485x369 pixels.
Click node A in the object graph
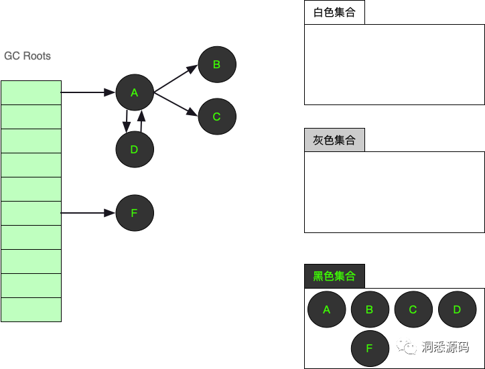pyautogui.click(x=135, y=93)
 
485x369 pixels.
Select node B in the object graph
pyautogui.click(x=216, y=65)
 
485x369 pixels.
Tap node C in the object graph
pyautogui.click(x=216, y=117)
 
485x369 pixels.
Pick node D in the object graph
pyautogui.click(x=135, y=149)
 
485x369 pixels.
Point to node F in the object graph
pyautogui.click(x=135, y=213)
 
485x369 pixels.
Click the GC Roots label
pyautogui.click(x=27, y=56)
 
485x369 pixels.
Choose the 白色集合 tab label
pyautogui.click(x=334, y=13)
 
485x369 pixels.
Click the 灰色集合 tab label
pyautogui.click(x=334, y=140)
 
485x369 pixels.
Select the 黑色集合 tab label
pyautogui.click(x=334, y=276)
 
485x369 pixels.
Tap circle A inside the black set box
pyautogui.click(x=327, y=309)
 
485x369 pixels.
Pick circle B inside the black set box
pyautogui.click(x=370, y=309)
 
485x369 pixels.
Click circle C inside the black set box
pyautogui.click(x=413, y=309)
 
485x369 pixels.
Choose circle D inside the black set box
pyautogui.click(x=457, y=309)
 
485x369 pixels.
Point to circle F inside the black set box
pyautogui.click(x=370, y=348)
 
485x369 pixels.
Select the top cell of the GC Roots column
pyautogui.click(x=31, y=92)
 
